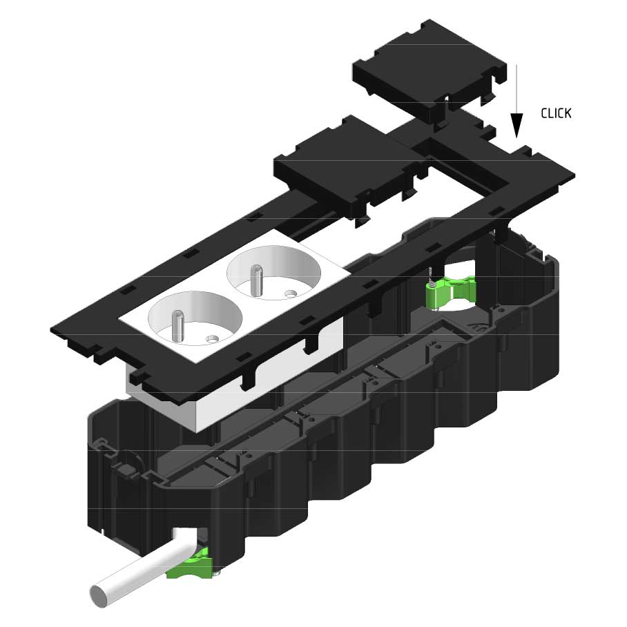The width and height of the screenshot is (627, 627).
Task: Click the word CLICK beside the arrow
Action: click(556, 113)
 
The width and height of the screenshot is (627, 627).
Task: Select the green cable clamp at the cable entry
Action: click(188, 565)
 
